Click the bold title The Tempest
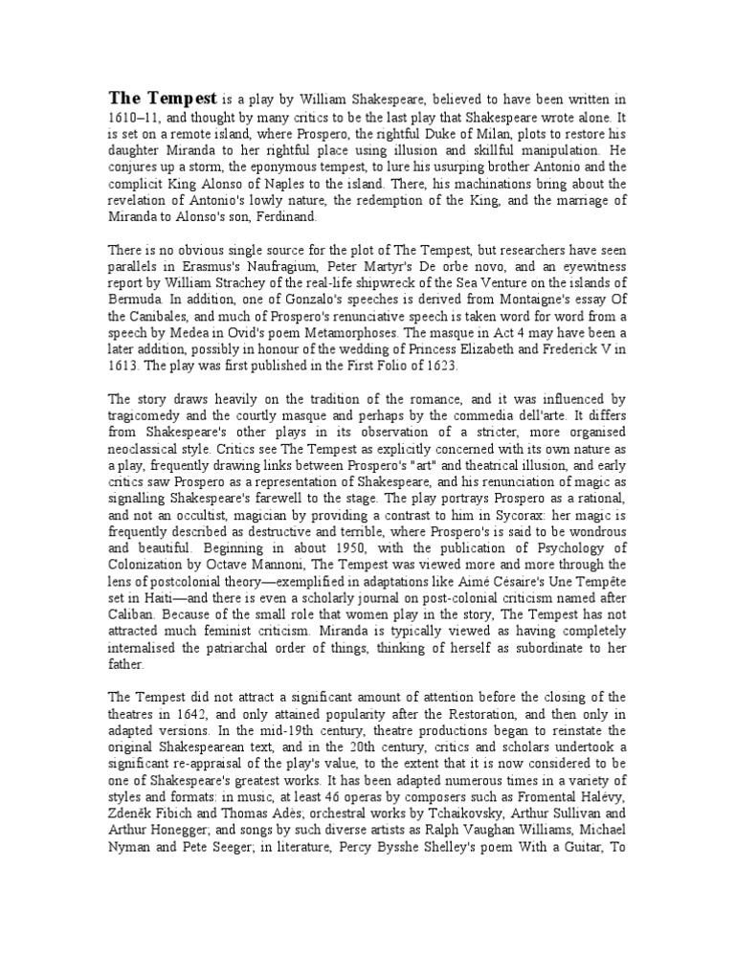[x=163, y=98]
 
